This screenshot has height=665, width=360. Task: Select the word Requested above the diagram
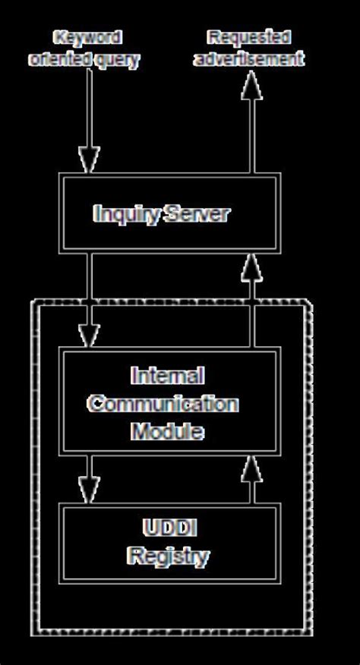click(x=249, y=36)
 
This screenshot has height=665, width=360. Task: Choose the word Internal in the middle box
click(x=167, y=376)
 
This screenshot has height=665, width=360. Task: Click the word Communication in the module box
click(x=163, y=403)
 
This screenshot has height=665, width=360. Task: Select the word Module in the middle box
click(x=167, y=431)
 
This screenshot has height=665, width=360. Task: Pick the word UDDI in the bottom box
click(x=168, y=528)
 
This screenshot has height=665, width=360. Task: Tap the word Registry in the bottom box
click(x=168, y=557)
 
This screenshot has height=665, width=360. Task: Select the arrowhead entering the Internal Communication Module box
click(x=90, y=335)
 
